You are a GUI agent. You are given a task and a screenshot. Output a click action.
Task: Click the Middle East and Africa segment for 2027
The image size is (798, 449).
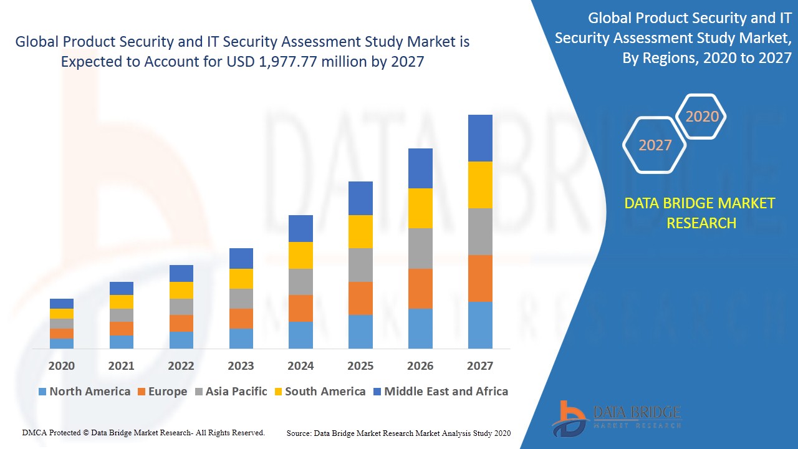click(x=480, y=138)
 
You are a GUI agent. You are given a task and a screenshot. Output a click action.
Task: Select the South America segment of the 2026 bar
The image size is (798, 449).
click(x=420, y=208)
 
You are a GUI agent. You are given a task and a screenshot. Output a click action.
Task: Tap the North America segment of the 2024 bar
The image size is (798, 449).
click(x=300, y=335)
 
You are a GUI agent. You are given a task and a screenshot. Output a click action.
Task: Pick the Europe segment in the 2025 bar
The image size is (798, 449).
click(x=360, y=298)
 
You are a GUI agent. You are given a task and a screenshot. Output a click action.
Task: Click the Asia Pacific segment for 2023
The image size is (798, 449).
click(x=241, y=299)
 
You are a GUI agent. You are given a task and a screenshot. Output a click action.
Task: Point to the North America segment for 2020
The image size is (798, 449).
click(x=62, y=343)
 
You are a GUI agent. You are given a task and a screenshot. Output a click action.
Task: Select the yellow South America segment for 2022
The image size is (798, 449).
click(x=181, y=290)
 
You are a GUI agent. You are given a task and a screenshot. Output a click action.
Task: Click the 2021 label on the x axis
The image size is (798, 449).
click(x=121, y=365)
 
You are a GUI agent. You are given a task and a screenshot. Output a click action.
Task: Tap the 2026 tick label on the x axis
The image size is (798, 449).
click(x=420, y=365)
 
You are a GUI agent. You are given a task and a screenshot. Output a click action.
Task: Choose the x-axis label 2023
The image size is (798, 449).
click(x=241, y=365)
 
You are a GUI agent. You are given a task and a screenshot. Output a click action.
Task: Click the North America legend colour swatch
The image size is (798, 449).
click(x=42, y=392)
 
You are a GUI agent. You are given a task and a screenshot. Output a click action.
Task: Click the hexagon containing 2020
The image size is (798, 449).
click(x=702, y=117)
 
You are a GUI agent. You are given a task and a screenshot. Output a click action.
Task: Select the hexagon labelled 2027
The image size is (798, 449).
click(x=655, y=145)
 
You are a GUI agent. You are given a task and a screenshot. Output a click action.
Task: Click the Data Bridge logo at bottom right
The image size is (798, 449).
click(x=616, y=418)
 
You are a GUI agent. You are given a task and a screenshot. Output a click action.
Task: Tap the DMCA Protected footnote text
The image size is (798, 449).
click(x=143, y=432)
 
